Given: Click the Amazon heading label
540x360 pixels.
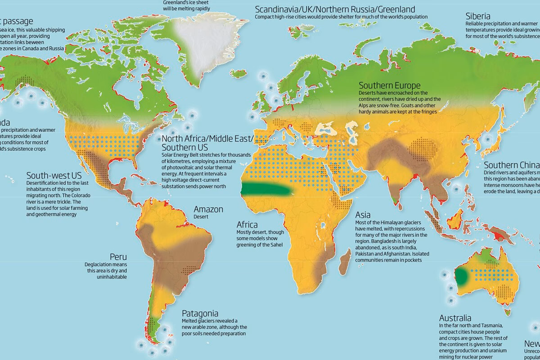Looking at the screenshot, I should point(208,210).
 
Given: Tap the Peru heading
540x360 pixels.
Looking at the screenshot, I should point(118,256).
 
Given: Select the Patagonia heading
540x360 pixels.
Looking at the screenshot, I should point(200,313).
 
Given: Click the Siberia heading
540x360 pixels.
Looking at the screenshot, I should point(478,16).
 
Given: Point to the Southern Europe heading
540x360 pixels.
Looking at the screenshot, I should point(389,85).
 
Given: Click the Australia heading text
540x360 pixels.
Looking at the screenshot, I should point(455,318).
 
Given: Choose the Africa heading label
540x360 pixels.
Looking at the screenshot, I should point(247,225).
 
